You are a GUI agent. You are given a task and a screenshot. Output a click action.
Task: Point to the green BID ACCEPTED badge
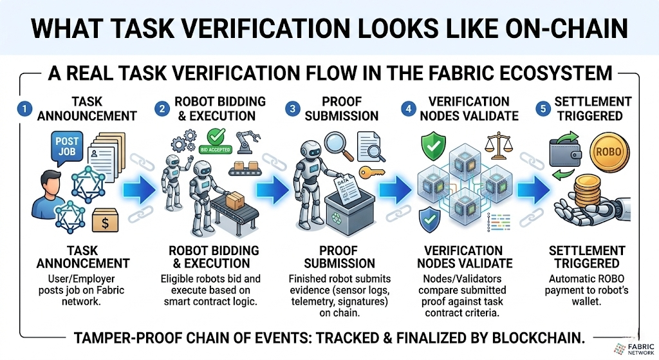pyautogui.click(x=219, y=139)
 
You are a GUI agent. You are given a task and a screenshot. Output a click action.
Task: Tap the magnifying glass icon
pyautogui.click(x=333, y=144)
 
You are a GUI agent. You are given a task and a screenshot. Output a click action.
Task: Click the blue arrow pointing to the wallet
pyautogui.click(x=528, y=191)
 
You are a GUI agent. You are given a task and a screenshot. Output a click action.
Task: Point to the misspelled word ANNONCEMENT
pyautogui.click(x=82, y=263)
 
